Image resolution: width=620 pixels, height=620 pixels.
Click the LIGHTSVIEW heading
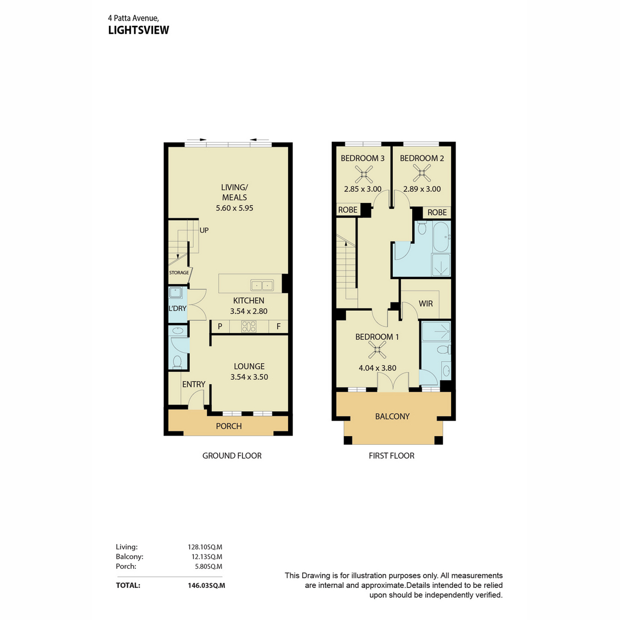[138, 30]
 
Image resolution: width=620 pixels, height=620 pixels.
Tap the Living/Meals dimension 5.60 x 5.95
[234, 208]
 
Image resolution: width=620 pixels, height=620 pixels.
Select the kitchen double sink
[262, 285]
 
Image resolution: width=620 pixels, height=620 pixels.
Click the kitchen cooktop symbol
[249, 326]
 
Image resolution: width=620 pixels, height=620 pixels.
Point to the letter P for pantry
[220, 326]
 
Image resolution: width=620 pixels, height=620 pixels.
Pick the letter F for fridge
[278, 326]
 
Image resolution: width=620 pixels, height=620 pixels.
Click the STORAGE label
[179, 272]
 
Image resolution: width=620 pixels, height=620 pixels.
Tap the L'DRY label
[178, 308]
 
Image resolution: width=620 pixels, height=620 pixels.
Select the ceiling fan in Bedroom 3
[364, 174]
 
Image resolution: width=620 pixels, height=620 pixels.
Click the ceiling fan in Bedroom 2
[422, 173]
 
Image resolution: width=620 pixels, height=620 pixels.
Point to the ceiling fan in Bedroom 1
[377, 349]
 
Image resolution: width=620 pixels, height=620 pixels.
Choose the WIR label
[426, 303]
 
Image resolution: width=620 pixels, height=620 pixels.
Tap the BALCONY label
[392, 416]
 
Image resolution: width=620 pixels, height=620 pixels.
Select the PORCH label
[229, 426]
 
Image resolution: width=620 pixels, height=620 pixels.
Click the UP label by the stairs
[204, 230]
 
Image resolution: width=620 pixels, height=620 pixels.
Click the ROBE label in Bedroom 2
[437, 212]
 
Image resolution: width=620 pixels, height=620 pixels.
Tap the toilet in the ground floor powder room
[177, 362]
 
